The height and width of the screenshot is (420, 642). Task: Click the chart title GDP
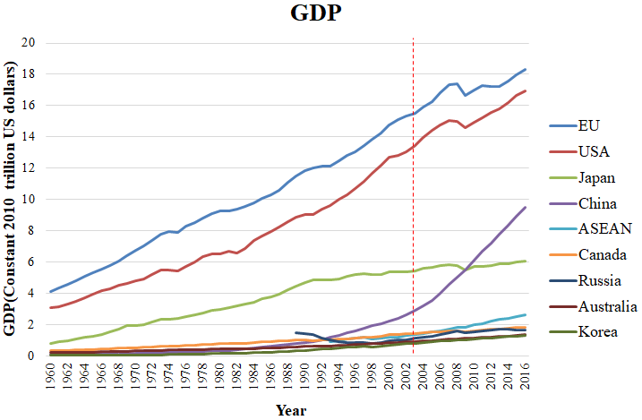[x=320, y=14]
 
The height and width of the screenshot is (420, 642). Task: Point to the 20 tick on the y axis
[x=29, y=43]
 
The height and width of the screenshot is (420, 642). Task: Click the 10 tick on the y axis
[x=29, y=200]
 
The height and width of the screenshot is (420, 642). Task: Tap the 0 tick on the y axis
[x=32, y=356]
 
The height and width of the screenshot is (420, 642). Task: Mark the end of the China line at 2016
[x=525, y=208]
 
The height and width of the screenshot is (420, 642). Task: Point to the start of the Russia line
[x=296, y=332]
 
